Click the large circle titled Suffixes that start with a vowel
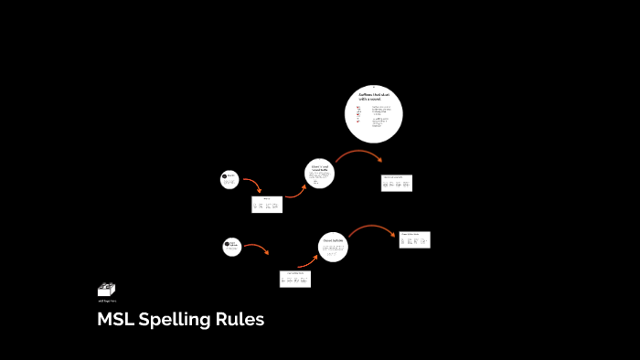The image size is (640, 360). click(x=373, y=114)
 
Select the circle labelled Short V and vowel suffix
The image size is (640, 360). click(x=319, y=173)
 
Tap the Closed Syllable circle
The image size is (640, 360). click(x=332, y=246)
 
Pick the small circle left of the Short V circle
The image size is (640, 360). click(x=229, y=180)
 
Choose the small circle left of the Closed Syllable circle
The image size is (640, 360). click(x=232, y=246)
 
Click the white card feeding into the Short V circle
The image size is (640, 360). click(x=267, y=205)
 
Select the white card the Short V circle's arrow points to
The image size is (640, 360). click(x=397, y=183)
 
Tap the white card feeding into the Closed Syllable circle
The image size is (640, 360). click(x=295, y=279)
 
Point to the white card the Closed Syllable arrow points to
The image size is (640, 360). click(x=414, y=239)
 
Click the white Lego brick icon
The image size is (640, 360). click(x=106, y=290)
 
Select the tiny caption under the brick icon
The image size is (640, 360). click(x=106, y=301)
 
